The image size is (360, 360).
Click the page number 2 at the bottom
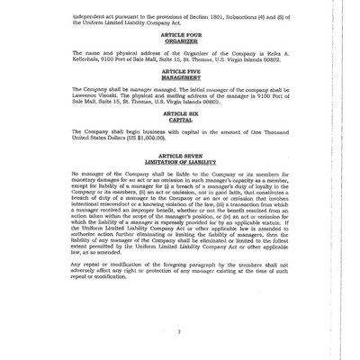[x=180, y=331]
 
